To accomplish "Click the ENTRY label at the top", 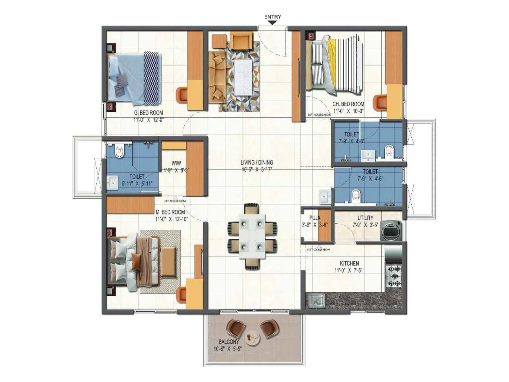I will (x=273, y=17).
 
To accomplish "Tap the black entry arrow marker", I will (x=272, y=23).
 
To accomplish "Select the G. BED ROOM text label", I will (x=148, y=113).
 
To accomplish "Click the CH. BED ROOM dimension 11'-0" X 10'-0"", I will (x=348, y=111).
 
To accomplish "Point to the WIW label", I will (x=176, y=163).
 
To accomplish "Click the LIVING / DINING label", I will (x=257, y=162).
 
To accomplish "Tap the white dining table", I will (x=252, y=237).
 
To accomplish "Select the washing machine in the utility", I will (x=391, y=230).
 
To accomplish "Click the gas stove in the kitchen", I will (x=394, y=276).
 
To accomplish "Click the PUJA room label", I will (x=315, y=218).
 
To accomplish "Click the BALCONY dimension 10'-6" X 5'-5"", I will (x=227, y=349).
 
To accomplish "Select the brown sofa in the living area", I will (x=217, y=76).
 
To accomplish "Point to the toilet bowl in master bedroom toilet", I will (x=119, y=152).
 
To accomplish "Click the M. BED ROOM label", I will (x=170, y=212).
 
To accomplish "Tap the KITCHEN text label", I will (x=349, y=263).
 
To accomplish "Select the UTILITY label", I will (x=365, y=218).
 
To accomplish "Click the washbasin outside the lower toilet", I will (x=325, y=197).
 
